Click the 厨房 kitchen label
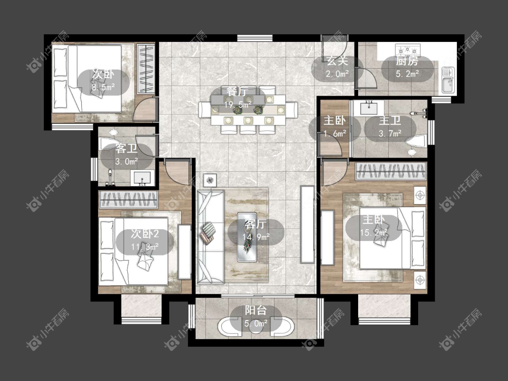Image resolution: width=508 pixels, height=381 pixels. pyautogui.click(x=407, y=61)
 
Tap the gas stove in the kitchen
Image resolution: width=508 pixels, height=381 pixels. pyautogui.click(x=408, y=50)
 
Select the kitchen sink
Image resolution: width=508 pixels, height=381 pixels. pyautogui.click(x=448, y=80)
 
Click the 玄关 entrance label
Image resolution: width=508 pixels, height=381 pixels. pyautogui.click(x=337, y=61)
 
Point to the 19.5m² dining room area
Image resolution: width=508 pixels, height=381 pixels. pyautogui.click(x=238, y=104)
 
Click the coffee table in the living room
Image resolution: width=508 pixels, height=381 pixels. pyautogui.click(x=247, y=237)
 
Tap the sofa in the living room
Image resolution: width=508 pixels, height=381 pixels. pyautogui.click(x=210, y=237)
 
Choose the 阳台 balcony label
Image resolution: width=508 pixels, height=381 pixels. pyautogui.click(x=256, y=311)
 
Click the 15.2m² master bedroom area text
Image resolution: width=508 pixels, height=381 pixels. pyautogui.click(x=374, y=232)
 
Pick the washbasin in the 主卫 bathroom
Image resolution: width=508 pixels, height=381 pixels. pyautogui.click(x=368, y=107)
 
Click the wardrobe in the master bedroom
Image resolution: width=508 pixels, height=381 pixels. pyautogui.click(x=391, y=171)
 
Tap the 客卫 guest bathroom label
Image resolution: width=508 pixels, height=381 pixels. pyautogui.click(x=126, y=149)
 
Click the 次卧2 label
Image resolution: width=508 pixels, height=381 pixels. pyautogui.click(x=144, y=234)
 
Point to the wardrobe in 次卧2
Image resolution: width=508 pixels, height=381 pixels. pyautogui.click(x=128, y=200)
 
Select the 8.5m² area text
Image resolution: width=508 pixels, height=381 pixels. pyautogui.click(x=103, y=87)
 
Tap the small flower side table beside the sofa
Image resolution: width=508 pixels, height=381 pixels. pyautogui.click(x=210, y=180)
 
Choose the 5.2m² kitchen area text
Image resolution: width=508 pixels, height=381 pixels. pyautogui.click(x=407, y=74)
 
